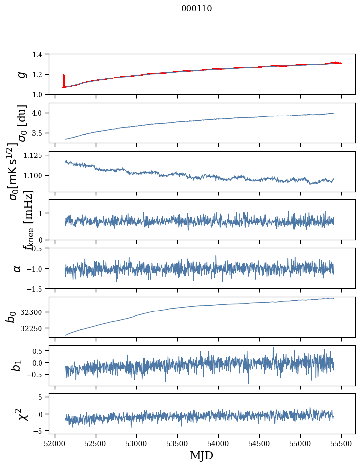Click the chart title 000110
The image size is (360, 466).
(x=197, y=9)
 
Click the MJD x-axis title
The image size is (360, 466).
(x=201, y=456)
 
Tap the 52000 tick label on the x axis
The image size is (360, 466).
(x=55, y=443)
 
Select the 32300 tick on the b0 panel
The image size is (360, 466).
(x=36, y=312)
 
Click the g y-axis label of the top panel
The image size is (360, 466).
(x=21, y=74)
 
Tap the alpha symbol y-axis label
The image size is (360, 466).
(x=18, y=268)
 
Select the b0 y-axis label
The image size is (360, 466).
(x=12, y=317)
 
